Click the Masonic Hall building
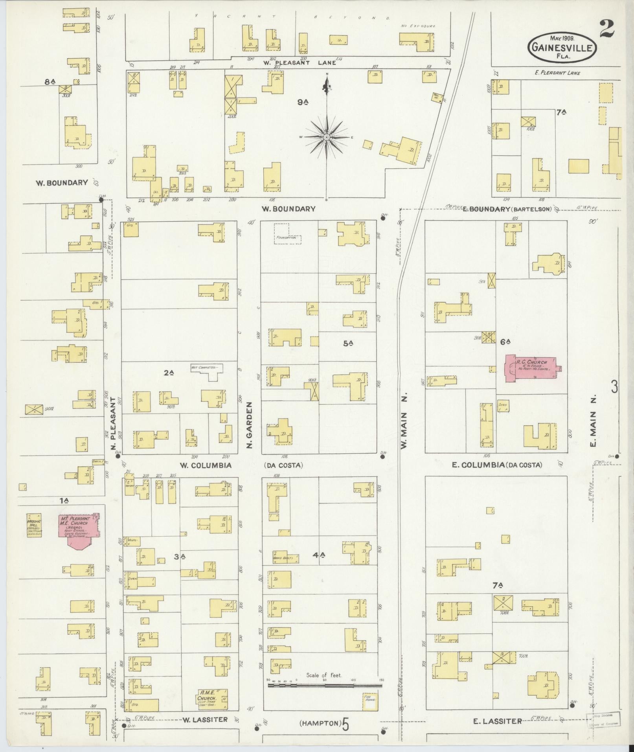pyautogui.click(x=34, y=525)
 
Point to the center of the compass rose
pyautogui.click(x=326, y=137)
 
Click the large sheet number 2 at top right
pyautogui.click(x=607, y=28)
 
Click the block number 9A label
pyautogui.click(x=302, y=103)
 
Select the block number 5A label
pyautogui.click(x=348, y=343)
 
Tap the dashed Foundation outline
pyautogui.click(x=287, y=235)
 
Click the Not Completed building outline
pyautogui.click(x=207, y=371)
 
